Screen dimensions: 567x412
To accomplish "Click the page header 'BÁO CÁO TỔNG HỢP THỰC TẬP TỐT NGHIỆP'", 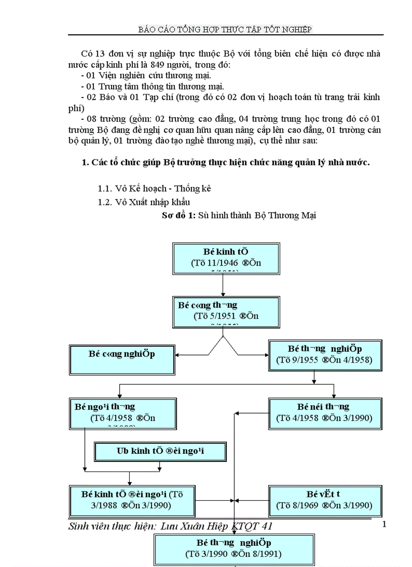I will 225,29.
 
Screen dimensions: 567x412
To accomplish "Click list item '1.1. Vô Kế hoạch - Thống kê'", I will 154,188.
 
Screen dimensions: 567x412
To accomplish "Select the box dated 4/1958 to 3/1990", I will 324,413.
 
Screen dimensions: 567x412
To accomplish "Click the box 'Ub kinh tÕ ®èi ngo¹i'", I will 160,451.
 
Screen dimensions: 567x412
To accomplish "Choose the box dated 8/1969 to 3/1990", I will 324,500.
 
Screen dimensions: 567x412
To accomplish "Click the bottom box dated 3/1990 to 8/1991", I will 233,549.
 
